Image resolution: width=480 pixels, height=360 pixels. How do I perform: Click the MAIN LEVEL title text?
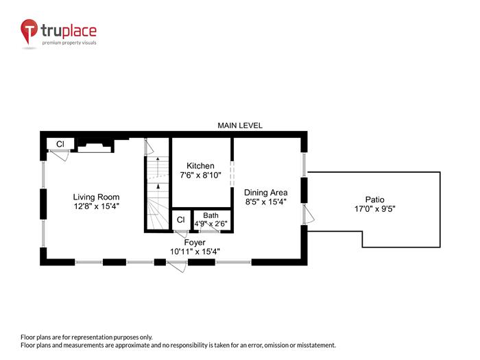pos(240,125)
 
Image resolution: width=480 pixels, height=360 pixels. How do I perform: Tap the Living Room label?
pos(97,197)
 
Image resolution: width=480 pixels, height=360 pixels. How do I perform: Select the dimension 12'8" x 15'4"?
pos(97,206)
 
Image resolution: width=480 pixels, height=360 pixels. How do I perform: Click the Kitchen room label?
pos(200,166)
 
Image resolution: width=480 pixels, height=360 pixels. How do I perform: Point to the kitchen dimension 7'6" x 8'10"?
pos(200,176)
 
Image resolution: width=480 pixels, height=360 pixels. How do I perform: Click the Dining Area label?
pos(265,193)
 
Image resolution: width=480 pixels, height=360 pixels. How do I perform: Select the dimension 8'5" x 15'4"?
pos(265,202)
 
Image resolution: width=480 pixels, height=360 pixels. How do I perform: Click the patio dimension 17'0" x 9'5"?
pos(375,208)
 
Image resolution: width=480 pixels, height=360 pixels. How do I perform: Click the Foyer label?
pos(195,242)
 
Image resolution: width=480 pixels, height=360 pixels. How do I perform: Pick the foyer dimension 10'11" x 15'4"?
pos(195,251)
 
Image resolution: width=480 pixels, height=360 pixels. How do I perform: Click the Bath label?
pos(211,215)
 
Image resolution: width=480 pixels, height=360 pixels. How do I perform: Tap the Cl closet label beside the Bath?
pos(180,219)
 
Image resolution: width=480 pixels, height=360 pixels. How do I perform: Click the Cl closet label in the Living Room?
pos(60,144)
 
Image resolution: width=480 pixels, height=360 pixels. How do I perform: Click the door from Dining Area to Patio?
pos(309,215)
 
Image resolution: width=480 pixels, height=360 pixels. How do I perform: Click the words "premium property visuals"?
pos(70,43)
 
